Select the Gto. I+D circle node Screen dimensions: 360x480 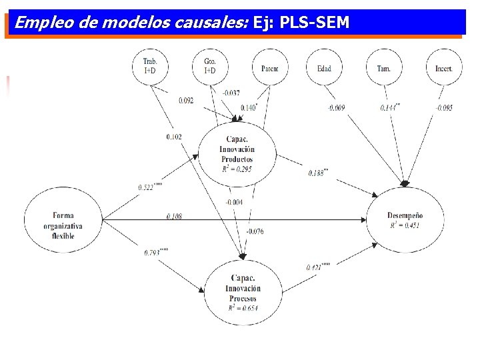click(x=209, y=67)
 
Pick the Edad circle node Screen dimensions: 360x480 click(x=324, y=67)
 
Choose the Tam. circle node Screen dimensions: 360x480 click(x=383, y=67)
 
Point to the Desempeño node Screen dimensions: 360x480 click(x=405, y=219)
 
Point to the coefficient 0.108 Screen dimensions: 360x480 click(x=174, y=217)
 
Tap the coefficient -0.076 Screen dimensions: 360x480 click(x=255, y=231)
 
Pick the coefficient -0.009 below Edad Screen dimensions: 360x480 click(x=335, y=108)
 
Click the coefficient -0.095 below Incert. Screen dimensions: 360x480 click(x=443, y=108)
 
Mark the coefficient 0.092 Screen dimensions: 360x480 click(x=186, y=101)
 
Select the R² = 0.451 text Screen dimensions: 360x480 click(x=405, y=225)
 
